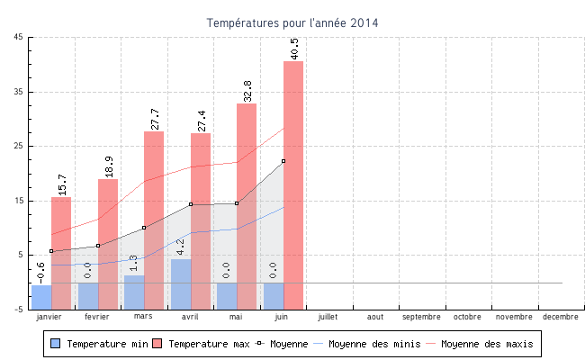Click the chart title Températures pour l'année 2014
[x=292, y=22]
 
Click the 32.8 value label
[x=247, y=90]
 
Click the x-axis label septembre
[x=421, y=317]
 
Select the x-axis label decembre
[x=561, y=317]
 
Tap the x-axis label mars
[x=143, y=317]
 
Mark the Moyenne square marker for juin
[x=283, y=161]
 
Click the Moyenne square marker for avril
[x=191, y=204]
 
